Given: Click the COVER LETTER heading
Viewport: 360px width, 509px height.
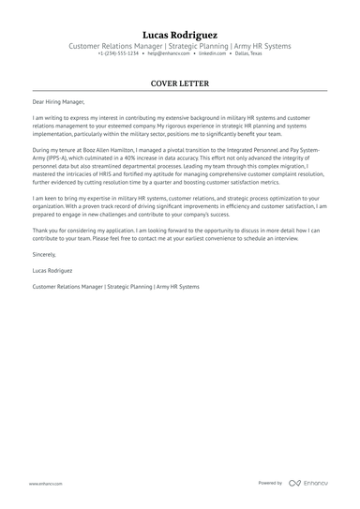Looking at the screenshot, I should [x=179, y=82].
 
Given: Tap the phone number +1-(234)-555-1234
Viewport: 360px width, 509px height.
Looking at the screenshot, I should [x=118, y=54].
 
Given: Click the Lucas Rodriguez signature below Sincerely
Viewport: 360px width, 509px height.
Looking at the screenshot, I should [x=53, y=269].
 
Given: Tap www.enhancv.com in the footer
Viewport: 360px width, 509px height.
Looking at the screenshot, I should [x=45, y=483].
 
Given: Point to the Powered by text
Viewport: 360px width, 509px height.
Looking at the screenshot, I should [x=270, y=483].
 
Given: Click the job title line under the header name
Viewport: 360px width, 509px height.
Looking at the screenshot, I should [x=179, y=46].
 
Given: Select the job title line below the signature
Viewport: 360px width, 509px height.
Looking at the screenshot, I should [x=115, y=285].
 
